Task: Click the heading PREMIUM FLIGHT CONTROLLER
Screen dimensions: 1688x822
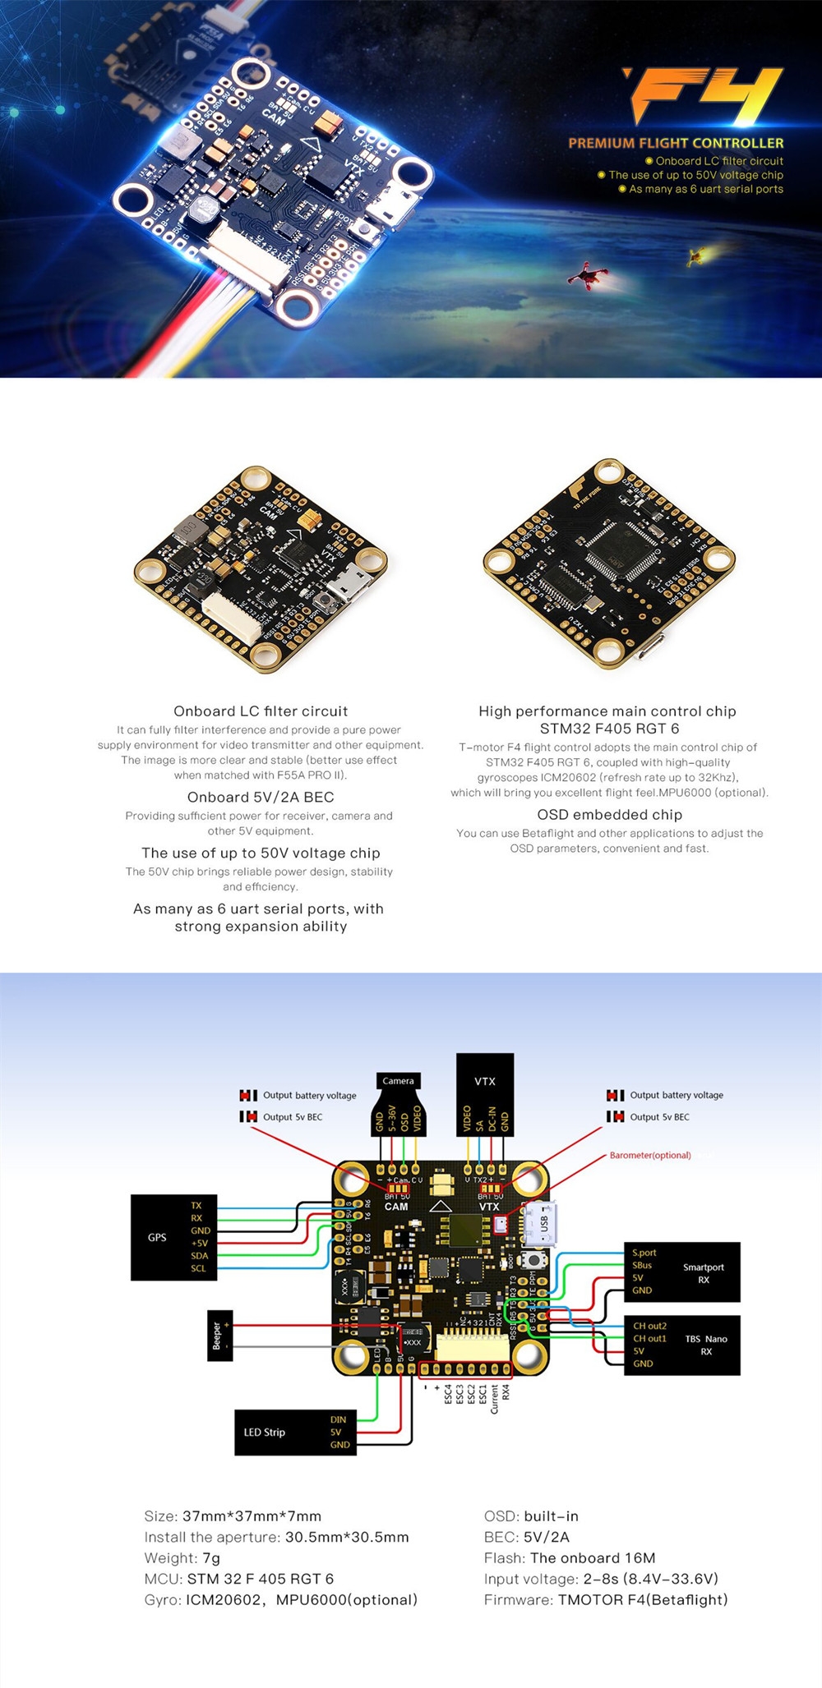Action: point(676,143)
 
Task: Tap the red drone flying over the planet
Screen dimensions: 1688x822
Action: point(588,274)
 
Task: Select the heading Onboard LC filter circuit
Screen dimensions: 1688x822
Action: point(261,711)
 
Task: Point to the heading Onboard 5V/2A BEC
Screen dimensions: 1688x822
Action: point(261,797)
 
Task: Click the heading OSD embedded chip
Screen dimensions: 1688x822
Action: point(609,815)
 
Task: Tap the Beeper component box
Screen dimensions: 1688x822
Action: point(219,1335)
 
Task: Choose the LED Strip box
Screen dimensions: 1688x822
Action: point(295,1432)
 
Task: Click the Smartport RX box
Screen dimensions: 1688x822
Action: point(682,1272)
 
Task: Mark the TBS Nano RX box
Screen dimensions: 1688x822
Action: point(682,1345)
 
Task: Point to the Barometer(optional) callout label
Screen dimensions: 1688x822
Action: point(649,1155)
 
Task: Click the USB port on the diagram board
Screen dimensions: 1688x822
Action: point(542,1223)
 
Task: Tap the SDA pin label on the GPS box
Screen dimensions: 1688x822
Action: point(199,1255)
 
